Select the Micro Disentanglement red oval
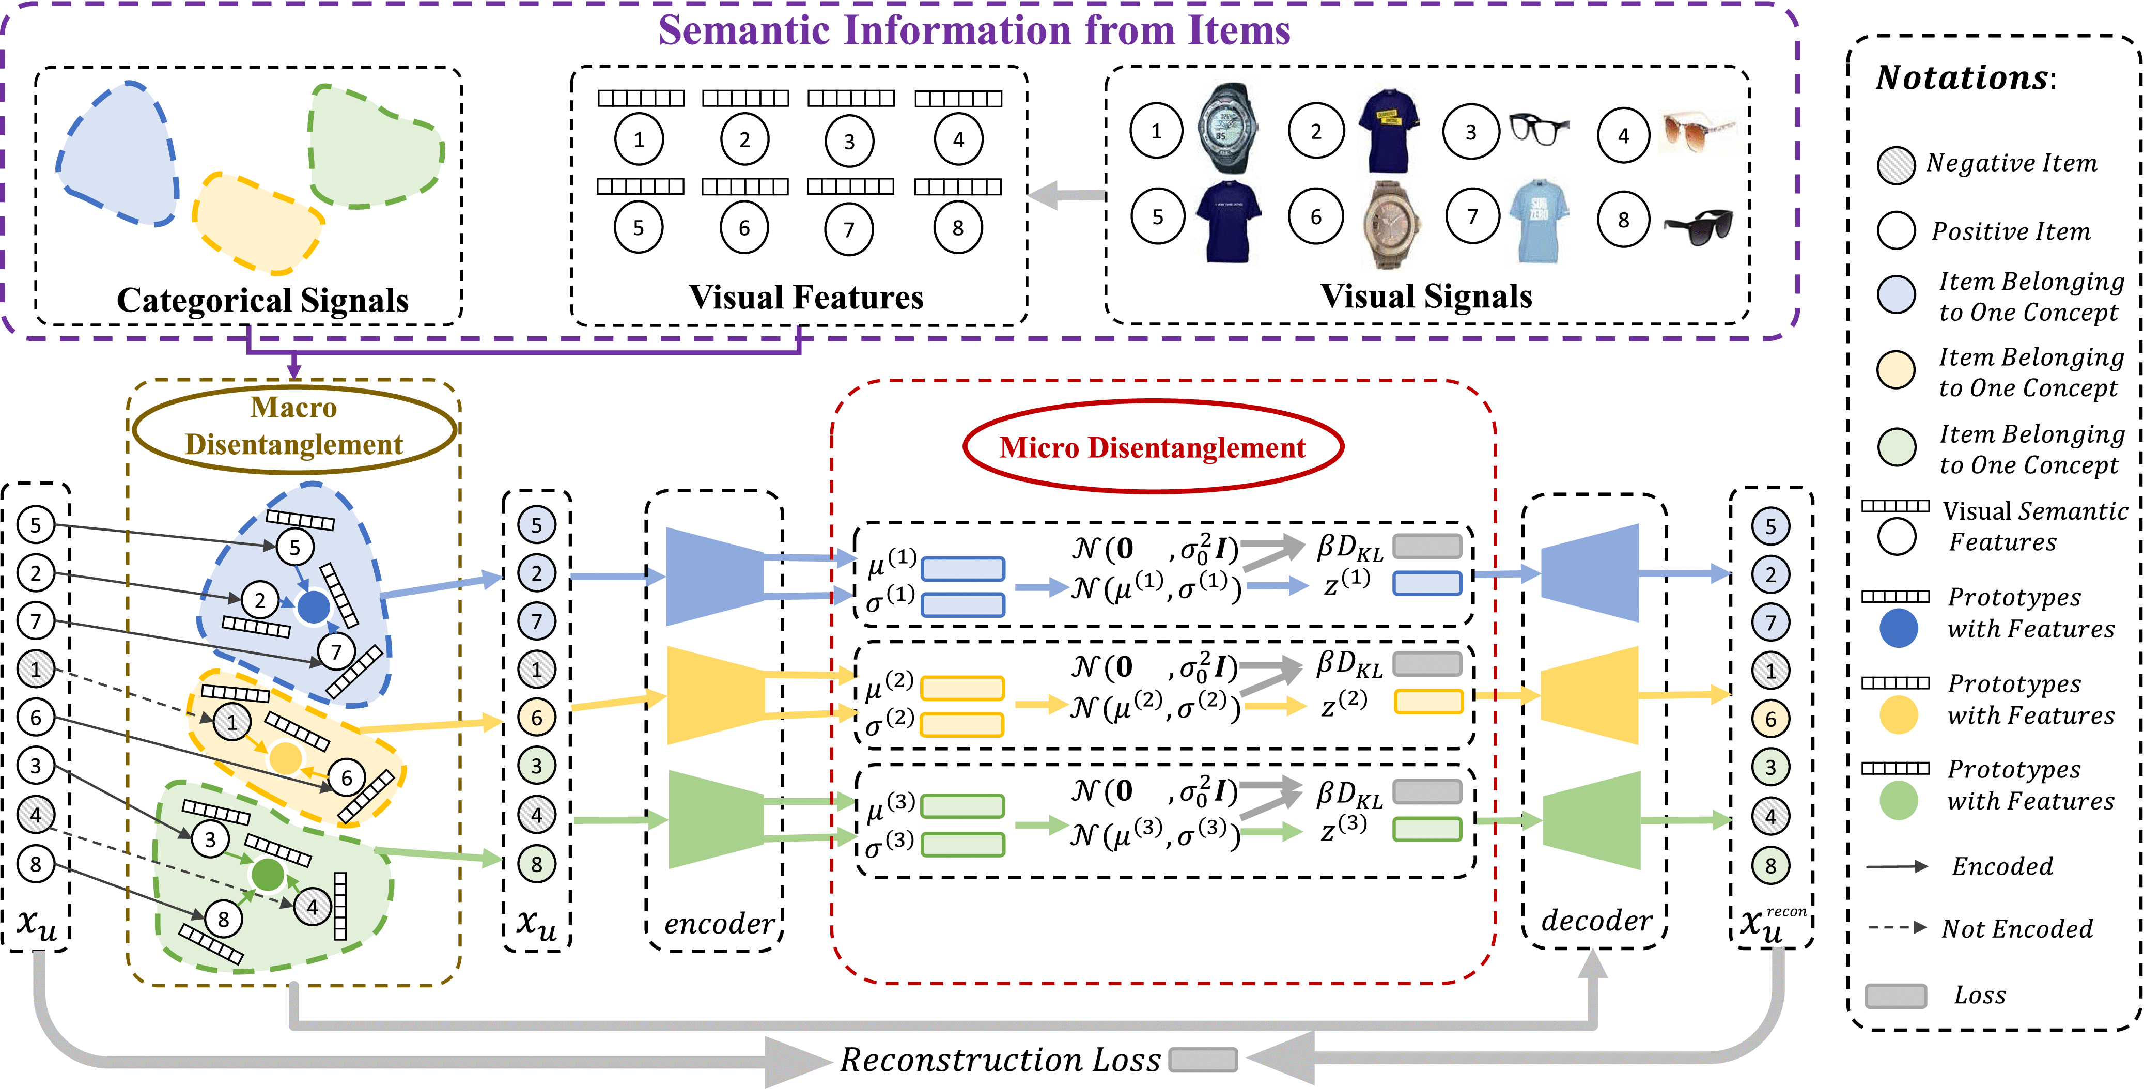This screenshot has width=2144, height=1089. [x=1153, y=447]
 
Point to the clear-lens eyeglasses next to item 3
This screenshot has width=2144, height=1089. [x=1538, y=129]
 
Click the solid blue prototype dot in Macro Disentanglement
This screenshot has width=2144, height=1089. [x=313, y=607]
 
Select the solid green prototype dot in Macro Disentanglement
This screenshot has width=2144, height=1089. [x=268, y=874]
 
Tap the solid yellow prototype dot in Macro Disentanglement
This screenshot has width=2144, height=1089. [x=286, y=758]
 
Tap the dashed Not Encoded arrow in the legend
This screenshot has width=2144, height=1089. [x=1897, y=927]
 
